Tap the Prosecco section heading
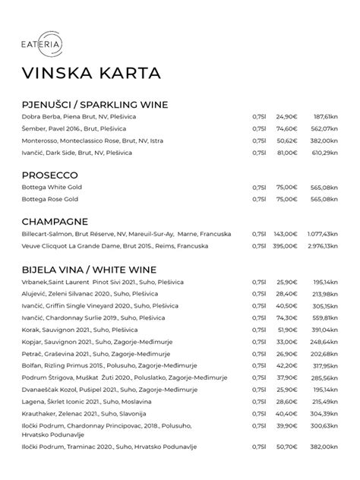pyautogui.click(x=50, y=175)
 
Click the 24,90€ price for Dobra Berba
pyautogui.click(x=286, y=117)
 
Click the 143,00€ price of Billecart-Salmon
pyautogui.click(x=285, y=235)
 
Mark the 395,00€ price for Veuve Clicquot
pyautogui.click(x=285, y=246)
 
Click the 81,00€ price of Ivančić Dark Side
pyautogui.click(x=286, y=153)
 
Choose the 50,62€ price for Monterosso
pyautogui.click(x=286, y=141)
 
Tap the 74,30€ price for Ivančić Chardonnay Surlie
pyautogui.click(x=286, y=318)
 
